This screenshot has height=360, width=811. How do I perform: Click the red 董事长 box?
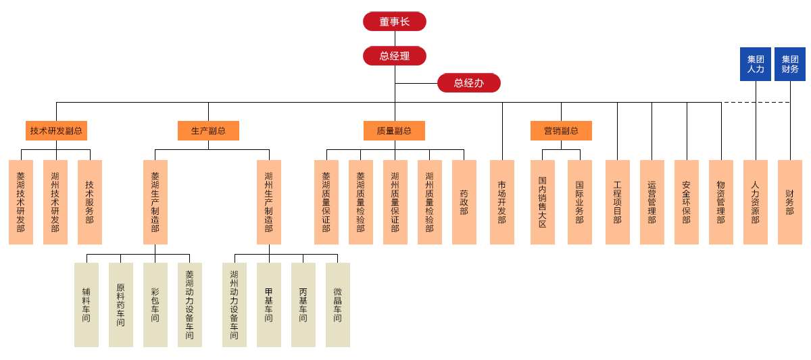[394, 21]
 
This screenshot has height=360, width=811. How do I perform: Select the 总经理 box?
[394, 55]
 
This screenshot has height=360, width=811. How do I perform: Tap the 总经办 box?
[468, 82]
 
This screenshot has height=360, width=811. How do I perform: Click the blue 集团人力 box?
[755, 64]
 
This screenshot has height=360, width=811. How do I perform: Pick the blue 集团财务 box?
[789, 64]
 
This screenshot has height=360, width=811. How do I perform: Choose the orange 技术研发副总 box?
[56, 130]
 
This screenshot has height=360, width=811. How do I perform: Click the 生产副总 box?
[208, 130]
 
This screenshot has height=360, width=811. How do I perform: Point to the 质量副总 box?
[394, 130]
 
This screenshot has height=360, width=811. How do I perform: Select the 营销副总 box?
[561, 130]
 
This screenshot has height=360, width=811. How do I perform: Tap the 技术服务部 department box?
[90, 202]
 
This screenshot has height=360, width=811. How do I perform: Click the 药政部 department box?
[464, 202]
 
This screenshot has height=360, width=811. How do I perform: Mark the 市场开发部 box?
[501, 202]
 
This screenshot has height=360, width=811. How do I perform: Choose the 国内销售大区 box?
[542, 202]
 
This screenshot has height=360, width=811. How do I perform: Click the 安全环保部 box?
[686, 202]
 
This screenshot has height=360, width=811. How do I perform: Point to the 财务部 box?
[789, 202]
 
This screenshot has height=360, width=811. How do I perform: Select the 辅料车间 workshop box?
[87, 305]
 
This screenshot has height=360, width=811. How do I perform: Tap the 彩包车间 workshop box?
[155, 305]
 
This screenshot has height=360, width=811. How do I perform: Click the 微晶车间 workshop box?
[337, 305]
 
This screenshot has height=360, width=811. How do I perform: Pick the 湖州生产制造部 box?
[269, 202]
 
